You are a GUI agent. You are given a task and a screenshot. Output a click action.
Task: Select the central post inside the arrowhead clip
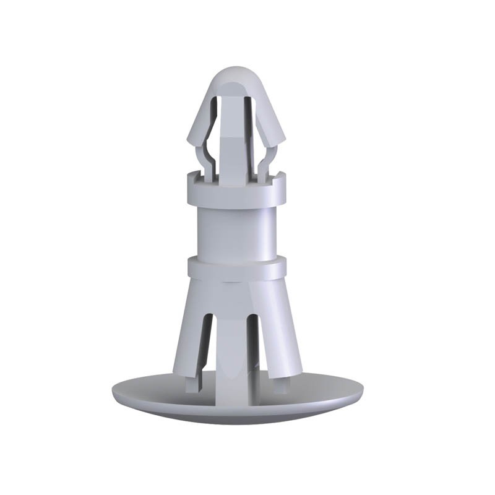tap(233, 148)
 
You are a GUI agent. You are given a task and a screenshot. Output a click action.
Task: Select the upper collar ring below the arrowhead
tap(237, 192)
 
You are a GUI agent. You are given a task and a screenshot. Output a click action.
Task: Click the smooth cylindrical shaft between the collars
tap(237, 232)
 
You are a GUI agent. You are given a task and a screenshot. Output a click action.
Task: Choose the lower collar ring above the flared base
tap(237, 268)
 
